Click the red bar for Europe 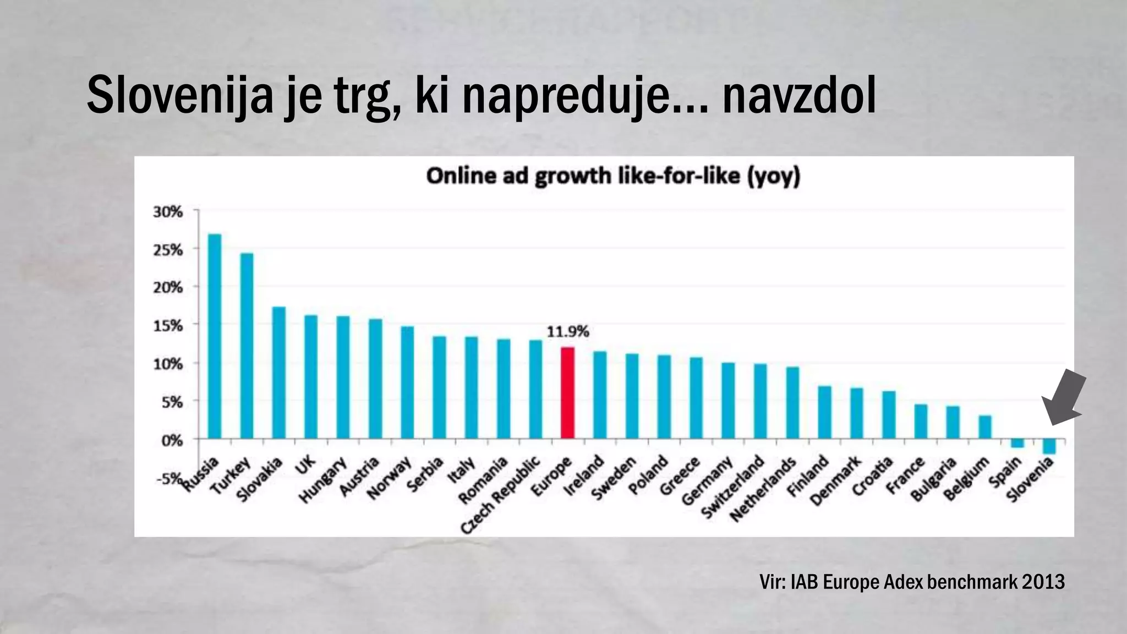tap(568, 393)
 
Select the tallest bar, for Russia tap(215, 336)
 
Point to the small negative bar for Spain tap(1017, 443)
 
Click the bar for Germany tap(728, 401)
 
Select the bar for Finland tap(824, 412)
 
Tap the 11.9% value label tap(567, 332)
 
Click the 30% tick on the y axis tap(168, 212)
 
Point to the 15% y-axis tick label tap(168, 326)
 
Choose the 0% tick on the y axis tap(171, 440)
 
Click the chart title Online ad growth tap(613, 177)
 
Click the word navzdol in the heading tap(798, 97)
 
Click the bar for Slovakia tap(279, 373)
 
